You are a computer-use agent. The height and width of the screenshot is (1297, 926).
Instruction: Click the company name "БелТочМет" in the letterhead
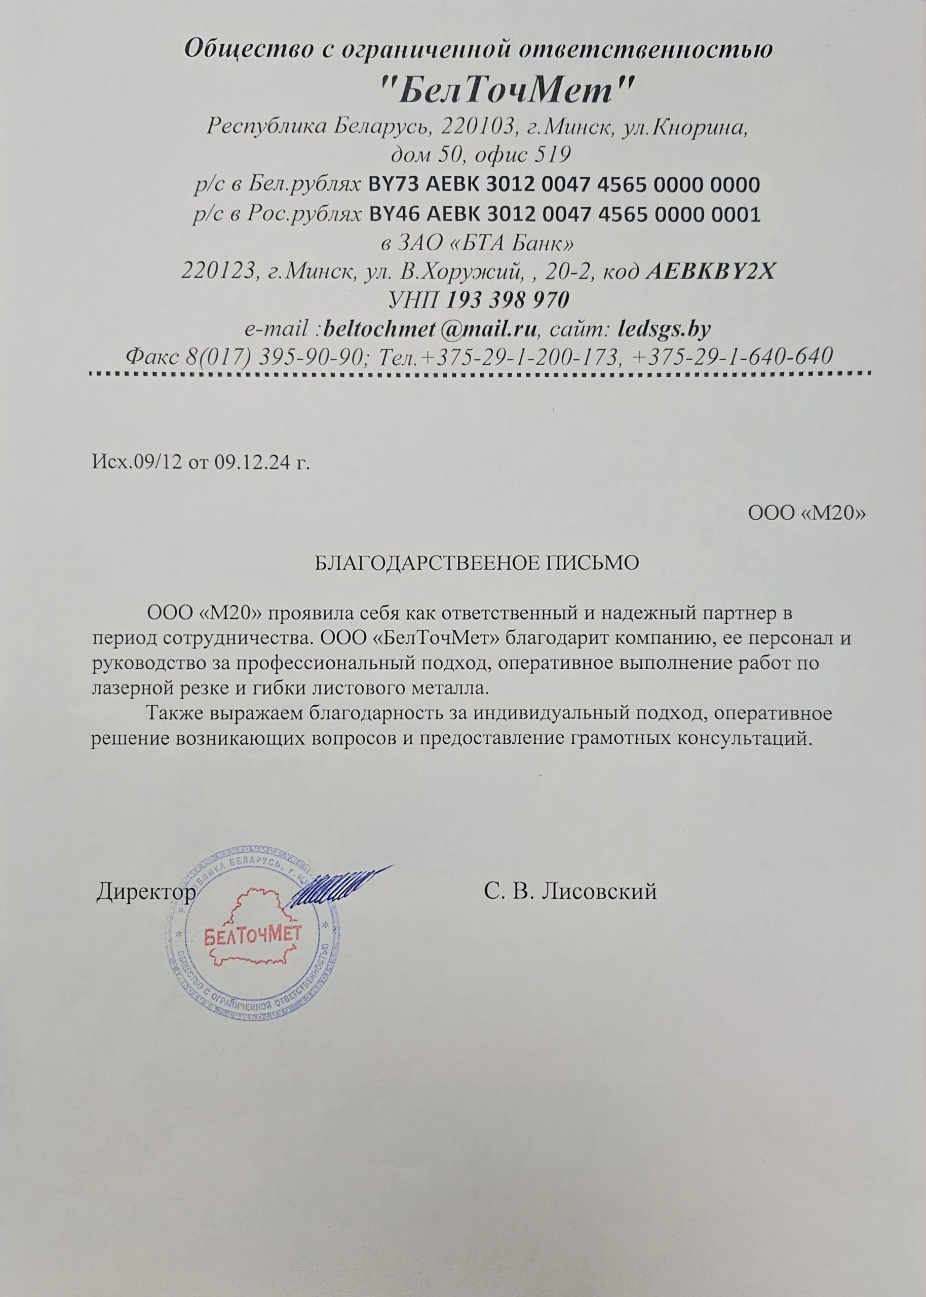click(x=507, y=90)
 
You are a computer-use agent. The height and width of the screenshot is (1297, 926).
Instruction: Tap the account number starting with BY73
click(x=564, y=185)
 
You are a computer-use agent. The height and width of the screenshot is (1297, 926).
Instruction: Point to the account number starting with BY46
click(x=565, y=214)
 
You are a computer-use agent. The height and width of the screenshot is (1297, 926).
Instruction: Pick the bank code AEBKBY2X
click(x=711, y=272)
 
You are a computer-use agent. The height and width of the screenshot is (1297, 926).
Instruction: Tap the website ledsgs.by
click(x=664, y=329)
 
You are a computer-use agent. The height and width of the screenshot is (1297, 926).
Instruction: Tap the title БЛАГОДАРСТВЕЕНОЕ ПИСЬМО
click(x=477, y=563)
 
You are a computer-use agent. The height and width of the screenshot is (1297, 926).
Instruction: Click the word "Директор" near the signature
click(x=146, y=891)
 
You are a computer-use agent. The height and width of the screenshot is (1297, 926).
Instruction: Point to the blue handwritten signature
click(x=336, y=887)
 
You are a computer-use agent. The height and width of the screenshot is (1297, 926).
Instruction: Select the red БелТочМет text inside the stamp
click(x=252, y=936)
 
